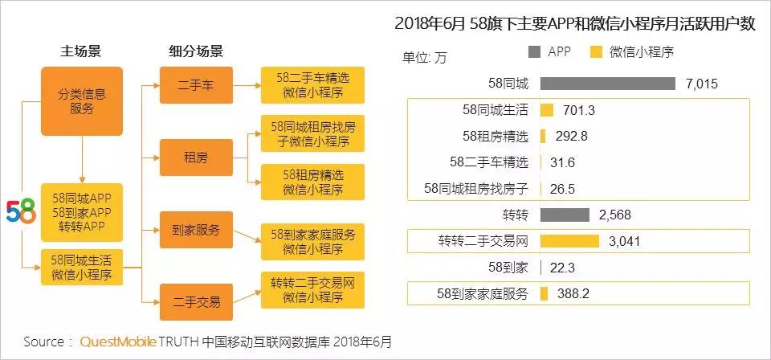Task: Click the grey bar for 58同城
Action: coord(607,84)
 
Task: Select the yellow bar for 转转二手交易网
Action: coord(569,241)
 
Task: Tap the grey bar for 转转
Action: coord(565,215)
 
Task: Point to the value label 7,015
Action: coord(702,84)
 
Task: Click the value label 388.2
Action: coord(573,294)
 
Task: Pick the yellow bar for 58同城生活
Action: coord(547,110)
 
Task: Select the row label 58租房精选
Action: coord(495,136)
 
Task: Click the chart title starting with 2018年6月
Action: coord(575,24)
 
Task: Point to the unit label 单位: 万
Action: coord(426,57)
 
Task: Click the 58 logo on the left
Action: coord(21,211)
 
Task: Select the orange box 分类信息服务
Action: coord(82,101)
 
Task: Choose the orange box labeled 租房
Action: coord(196,157)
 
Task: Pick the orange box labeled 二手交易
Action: coord(196,302)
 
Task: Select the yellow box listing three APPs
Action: coord(82,211)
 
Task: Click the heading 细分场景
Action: coord(195,51)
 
